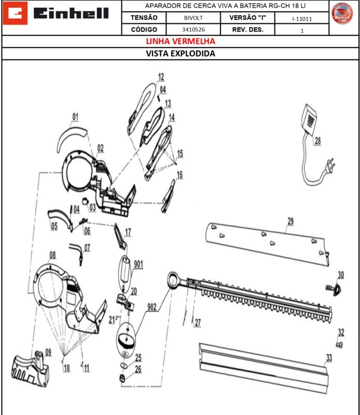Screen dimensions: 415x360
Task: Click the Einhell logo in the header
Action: tap(61, 13)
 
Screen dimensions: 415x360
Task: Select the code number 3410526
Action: tap(196, 30)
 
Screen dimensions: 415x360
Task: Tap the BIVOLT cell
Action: tap(196, 18)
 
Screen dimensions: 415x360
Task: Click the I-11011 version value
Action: tap(302, 18)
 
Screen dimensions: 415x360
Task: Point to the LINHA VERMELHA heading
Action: tap(180, 41)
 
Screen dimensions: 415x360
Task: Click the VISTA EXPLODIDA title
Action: tap(180, 53)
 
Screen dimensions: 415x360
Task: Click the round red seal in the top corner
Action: tap(342, 13)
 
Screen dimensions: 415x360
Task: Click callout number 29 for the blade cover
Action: tap(290, 222)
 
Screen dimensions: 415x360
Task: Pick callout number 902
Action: tap(151, 307)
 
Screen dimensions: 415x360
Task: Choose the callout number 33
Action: tap(328, 357)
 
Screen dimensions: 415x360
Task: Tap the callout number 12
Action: tap(161, 77)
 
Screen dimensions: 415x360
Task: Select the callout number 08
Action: tap(52, 254)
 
